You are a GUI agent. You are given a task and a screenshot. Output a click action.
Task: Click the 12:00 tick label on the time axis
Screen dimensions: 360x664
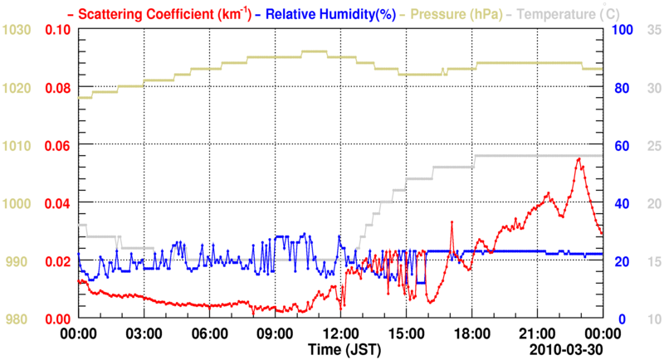click(x=340, y=333)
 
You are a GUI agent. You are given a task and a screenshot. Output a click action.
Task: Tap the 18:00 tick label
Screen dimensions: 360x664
click(x=471, y=333)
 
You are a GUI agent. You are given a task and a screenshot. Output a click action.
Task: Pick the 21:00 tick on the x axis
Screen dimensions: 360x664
click(x=537, y=333)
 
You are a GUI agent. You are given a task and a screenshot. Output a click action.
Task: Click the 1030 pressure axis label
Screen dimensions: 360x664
click(x=17, y=30)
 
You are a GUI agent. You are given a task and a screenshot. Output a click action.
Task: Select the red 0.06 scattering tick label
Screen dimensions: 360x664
click(x=56, y=145)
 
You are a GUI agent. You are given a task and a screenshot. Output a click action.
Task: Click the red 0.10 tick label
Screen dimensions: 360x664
click(x=56, y=30)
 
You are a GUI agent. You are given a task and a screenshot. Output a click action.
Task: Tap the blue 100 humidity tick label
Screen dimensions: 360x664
click(x=622, y=30)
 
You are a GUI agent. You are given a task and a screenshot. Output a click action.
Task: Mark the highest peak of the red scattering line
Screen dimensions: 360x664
click(x=579, y=158)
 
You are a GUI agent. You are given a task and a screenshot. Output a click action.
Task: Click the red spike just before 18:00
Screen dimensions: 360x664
click(x=452, y=222)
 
